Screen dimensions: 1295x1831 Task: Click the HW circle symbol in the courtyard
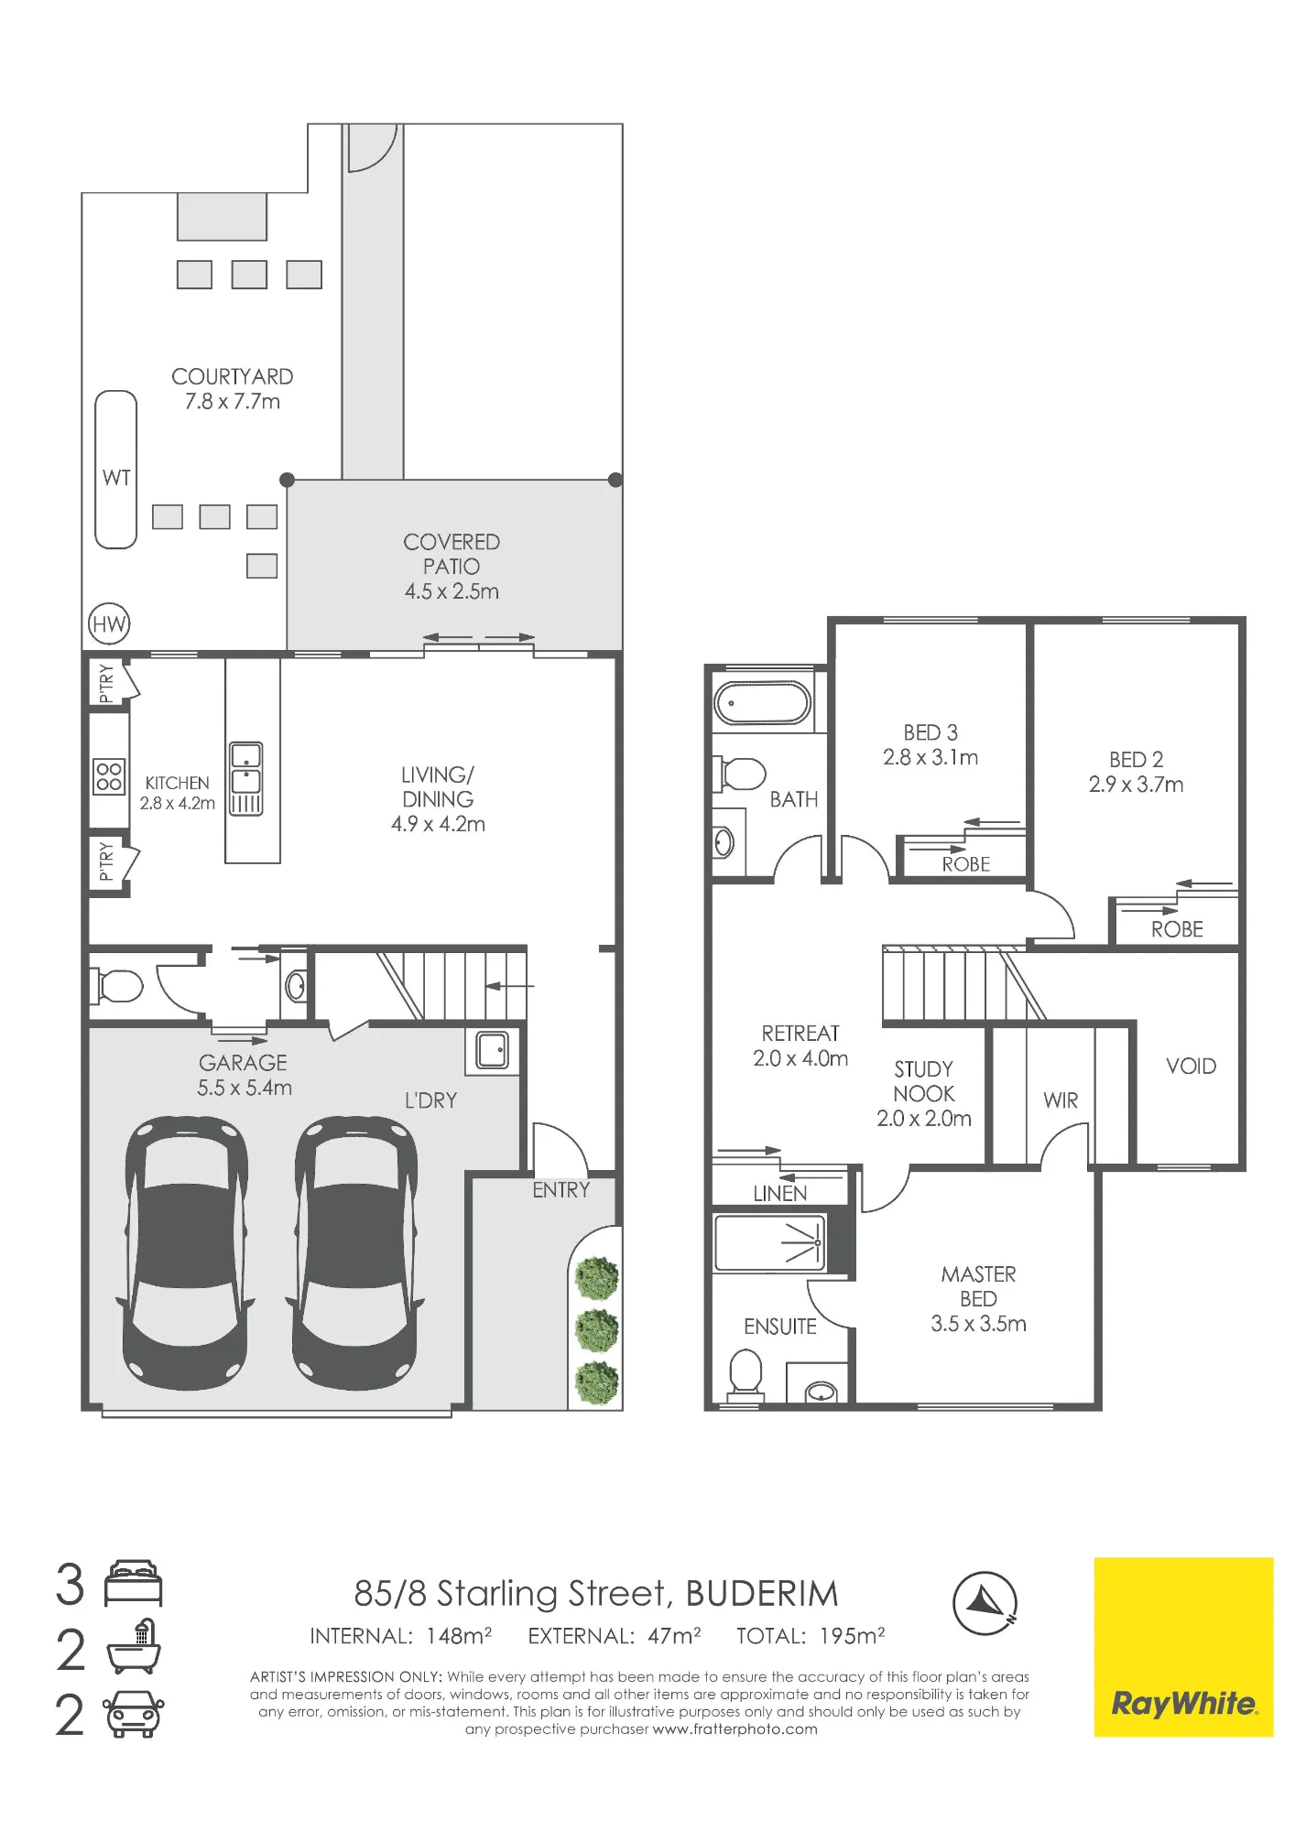(x=109, y=624)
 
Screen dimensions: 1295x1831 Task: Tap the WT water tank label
(x=116, y=477)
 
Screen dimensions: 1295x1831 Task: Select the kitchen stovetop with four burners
(x=109, y=777)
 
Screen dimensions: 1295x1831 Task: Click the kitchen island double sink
(x=245, y=778)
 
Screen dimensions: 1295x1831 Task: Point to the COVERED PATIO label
(x=452, y=554)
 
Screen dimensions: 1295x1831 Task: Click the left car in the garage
(x=186, y=1252)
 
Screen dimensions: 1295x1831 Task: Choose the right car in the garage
(x=355, y=1252)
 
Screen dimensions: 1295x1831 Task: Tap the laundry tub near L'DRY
(x=493, y=1050)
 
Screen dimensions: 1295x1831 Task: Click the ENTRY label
(x=561, y=1190)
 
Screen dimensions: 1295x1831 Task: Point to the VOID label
(x=1191, y=1066)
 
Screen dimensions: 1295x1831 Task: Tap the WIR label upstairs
(x=1061, y=1100)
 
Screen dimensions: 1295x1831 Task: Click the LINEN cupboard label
(x=780, y=1194)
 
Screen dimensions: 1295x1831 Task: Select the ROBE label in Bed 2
(x=1177, y=929)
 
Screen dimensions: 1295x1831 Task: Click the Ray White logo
(x=1183, y=1647)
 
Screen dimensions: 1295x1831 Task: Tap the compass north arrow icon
(x=985, y=1603)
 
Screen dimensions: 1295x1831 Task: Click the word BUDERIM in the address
(x=762, y=1594)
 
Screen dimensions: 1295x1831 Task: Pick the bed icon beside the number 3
(x=134, y=1584)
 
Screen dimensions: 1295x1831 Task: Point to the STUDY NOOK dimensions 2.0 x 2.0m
(x=924, y=1119)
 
